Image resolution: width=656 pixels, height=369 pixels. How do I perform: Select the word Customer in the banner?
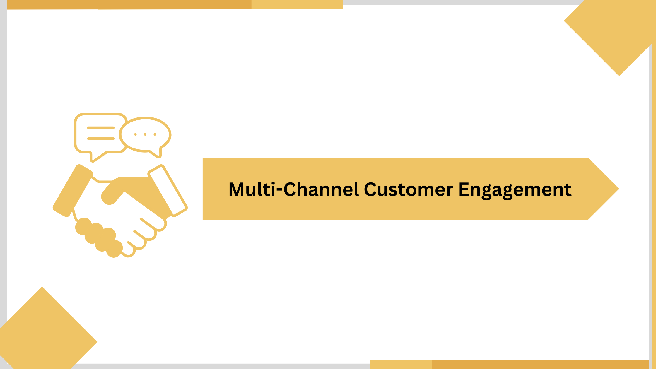[409, 189]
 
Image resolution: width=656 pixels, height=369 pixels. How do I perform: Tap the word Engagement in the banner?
[515, 190]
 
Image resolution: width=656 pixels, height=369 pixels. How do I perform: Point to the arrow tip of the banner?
[618, 189]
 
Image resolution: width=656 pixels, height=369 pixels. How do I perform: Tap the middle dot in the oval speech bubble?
[145, 134]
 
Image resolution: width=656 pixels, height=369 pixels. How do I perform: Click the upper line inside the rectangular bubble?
[101, 128]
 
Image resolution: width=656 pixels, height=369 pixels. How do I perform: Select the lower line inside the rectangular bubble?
[101, 138]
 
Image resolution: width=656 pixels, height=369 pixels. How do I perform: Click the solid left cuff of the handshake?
[73, 191]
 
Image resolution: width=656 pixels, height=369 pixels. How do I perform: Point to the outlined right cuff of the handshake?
[168, 191]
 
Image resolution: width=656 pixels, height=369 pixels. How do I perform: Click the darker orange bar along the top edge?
[129, 4]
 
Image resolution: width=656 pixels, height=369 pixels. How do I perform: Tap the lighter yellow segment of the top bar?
[297, 4]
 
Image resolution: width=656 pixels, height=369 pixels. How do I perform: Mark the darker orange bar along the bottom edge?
[540, 364]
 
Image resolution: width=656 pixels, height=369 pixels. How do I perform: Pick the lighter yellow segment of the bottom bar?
[401, 364]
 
